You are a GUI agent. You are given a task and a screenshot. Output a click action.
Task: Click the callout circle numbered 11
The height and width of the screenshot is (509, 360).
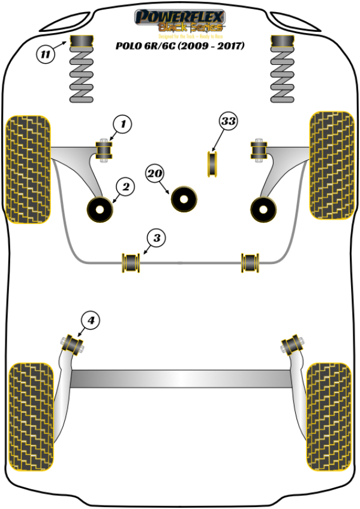coord(46,55)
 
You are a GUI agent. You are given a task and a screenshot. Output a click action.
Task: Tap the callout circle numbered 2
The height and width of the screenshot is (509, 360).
coord(126,187)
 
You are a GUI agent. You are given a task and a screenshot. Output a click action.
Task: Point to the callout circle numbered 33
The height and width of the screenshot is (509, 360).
coord(228,122)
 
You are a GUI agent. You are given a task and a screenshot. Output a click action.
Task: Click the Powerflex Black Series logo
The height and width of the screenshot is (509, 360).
coord(180,21)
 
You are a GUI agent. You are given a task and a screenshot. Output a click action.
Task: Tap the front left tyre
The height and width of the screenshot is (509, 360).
coord(28,168)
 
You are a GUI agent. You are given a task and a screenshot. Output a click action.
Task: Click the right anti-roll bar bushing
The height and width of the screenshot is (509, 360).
coord(250,263)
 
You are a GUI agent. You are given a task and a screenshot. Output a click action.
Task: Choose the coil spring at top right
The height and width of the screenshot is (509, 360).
coord(284,68)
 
